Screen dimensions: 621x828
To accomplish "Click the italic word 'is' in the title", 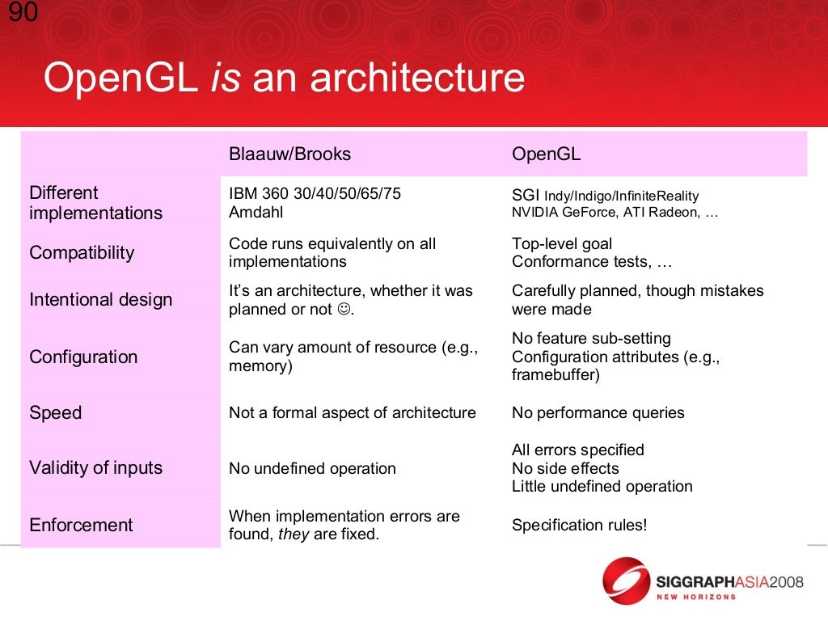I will coord(226,78).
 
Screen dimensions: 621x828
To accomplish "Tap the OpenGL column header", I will coord(546,154).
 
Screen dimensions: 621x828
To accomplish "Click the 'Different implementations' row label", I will coord(95,203).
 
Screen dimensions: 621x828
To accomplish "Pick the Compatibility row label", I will coord(82,252).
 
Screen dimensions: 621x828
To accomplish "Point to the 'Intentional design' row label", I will coord(100,299).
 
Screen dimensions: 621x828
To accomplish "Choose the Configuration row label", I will coord(83,357).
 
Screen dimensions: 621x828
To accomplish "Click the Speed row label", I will coord(55,412).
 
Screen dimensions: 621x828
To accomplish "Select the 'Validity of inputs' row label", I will coord(95,467).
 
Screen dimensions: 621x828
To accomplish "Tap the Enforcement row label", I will coord(81,525).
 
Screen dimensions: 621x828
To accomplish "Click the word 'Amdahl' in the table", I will coord(256,213).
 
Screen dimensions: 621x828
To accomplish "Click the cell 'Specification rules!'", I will coord(579,525).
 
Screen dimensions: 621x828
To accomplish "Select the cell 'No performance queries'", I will coord(598,412).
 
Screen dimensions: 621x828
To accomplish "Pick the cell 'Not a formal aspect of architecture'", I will coord(352,412).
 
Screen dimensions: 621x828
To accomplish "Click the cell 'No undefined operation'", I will coord(312,468).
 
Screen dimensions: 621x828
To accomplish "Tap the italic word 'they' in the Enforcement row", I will coord(294,534).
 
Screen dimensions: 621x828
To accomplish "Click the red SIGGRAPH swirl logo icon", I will coord(626,581).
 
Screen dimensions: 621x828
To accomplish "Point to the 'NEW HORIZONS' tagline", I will coord(695,597).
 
